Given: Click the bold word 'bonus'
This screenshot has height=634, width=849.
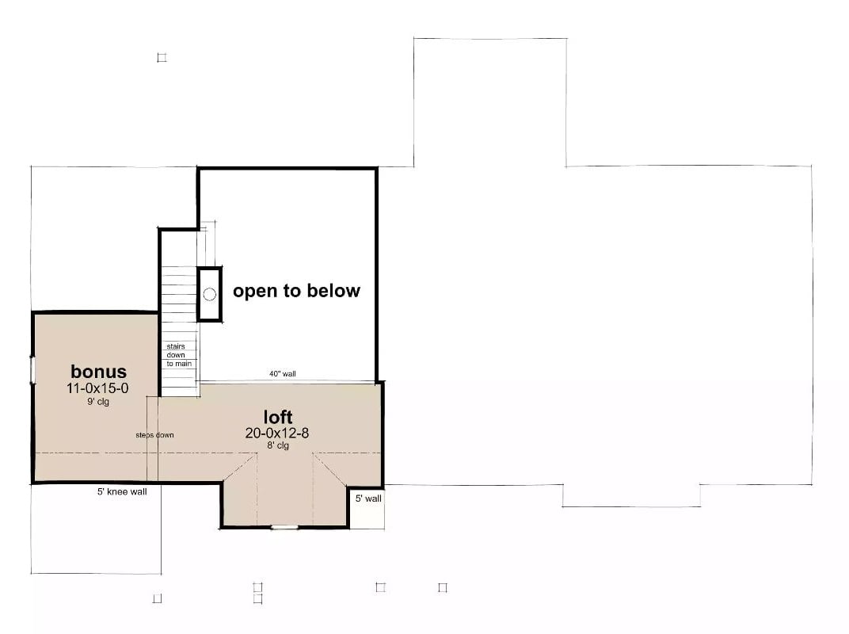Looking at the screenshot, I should click(x=98, y=372).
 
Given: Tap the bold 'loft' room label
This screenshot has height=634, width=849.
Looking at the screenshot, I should click(x=278, y=417).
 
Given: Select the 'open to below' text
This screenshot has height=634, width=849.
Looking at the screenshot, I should click(x=296, y=291).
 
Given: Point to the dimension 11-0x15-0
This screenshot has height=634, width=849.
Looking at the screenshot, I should click(x=99, y=388).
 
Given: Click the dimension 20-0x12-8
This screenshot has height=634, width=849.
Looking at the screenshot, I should click(x=278, y=433).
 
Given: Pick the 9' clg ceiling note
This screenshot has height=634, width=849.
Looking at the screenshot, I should click(x=97, y=402).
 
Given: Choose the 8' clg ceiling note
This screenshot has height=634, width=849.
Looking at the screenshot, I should click(x=278, y=445).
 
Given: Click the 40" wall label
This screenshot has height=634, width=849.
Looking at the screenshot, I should click(x=284, y=374).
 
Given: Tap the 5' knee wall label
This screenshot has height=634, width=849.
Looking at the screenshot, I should click(x=122, y=491).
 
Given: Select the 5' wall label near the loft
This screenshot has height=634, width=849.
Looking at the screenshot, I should click(x=368, y=498).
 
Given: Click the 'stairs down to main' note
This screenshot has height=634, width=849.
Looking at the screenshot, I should click(x=178, y=355).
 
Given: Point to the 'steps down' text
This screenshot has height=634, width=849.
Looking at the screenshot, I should click(x=154, y=435).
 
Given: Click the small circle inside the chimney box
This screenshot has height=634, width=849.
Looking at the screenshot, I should click(x=209, y=294).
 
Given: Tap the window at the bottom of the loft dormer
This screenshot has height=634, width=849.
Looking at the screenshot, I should click(x=284, y=527).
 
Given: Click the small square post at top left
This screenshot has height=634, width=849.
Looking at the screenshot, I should click(x=162, y=58).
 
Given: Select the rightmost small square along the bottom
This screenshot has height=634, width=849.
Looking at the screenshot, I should click(x=443, y=587).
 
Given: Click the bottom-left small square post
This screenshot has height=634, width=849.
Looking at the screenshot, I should click(x=157, y=598).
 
